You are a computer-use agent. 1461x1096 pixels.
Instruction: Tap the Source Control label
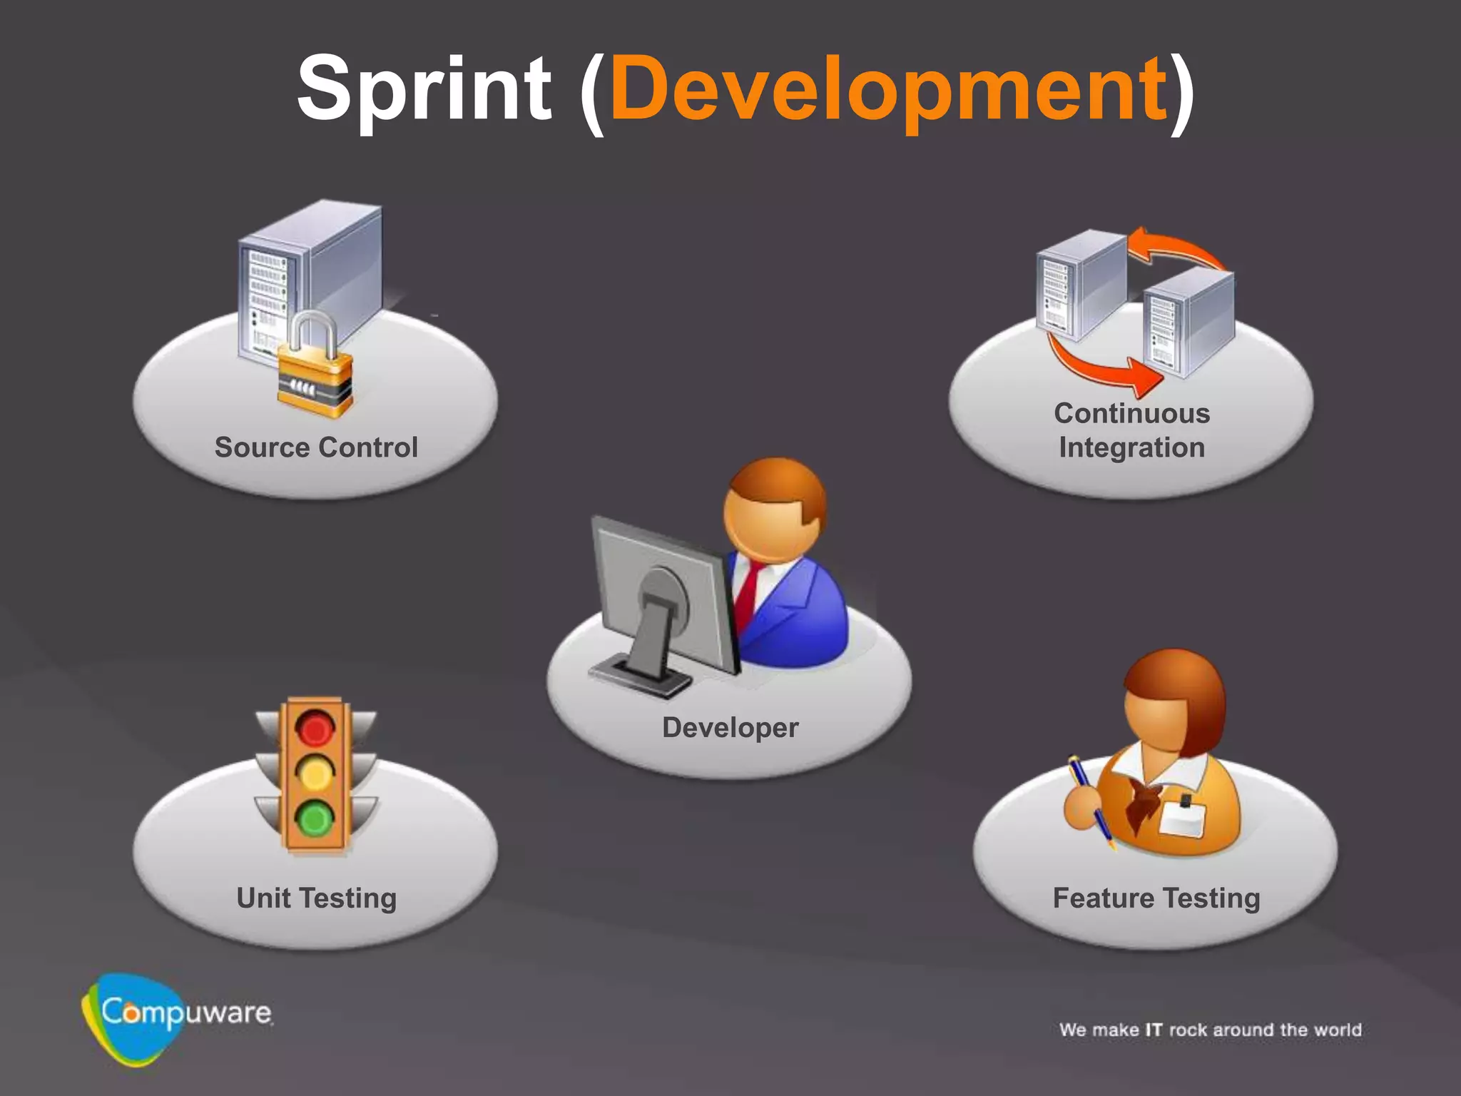pyautogui.click(x=316, y=447)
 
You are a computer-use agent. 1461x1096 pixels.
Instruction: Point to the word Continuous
pyautogui.click(x=1132, y=414)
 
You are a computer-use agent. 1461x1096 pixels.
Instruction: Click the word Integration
pyautogui.click(x=1132, y=448)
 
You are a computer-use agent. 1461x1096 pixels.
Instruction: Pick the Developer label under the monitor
pyautogui.click(x=730, y=728)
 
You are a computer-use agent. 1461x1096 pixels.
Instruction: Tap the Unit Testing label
pyautogui.click(x=316, y=898)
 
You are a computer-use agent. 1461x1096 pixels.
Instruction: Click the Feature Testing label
pyautogui.click(x=1156, y=898)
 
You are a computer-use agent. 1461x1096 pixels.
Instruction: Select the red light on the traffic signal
pyautogui.click(x=315, y=729)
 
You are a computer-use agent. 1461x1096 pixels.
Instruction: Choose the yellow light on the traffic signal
pyautogui.click(x=315, y=773)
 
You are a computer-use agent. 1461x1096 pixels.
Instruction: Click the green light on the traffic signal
pyautogui.click(x=315, y=819)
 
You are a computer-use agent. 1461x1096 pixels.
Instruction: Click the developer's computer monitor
pyautogui.click(x=663, y=599)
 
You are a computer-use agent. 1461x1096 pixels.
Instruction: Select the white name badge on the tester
pyautogui.click(x=1182, y=818)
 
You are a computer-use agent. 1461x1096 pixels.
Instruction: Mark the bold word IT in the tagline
pyautogui.click(x=1154, y=1030)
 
